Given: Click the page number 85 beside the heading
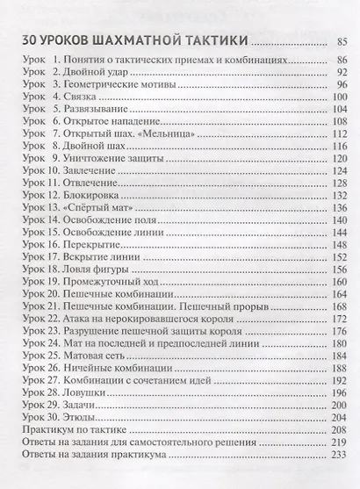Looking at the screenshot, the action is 344,43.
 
